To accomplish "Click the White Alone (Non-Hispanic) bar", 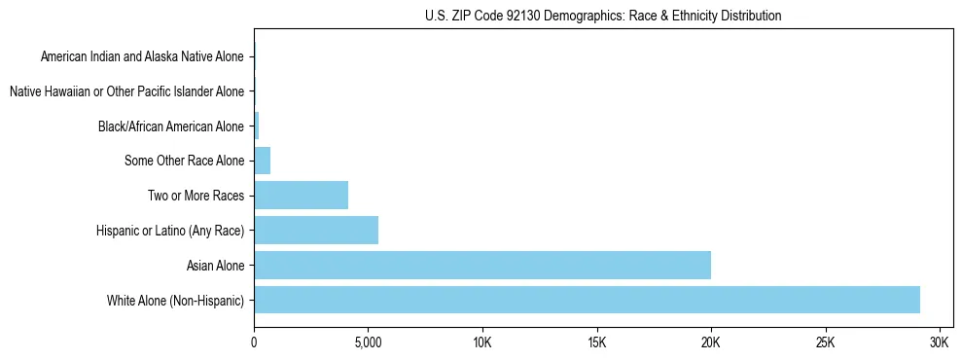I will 587,300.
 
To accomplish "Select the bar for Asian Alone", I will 482,265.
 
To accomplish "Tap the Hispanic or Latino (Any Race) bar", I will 316,231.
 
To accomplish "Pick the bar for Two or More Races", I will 301,196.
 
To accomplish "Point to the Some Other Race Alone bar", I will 262,161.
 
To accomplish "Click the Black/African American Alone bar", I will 257,126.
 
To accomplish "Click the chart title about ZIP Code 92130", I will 603,17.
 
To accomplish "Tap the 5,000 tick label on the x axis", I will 368,343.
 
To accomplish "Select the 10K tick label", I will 482,343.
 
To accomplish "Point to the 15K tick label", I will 597,343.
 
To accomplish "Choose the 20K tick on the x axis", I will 711,343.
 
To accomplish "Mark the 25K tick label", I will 826,343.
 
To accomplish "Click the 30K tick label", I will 940,343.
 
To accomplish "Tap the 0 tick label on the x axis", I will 254,343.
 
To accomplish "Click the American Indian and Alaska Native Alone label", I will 142,57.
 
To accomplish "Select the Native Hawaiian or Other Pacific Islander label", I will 126,91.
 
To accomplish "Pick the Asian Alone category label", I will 215,266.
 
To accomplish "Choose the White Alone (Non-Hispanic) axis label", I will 176,300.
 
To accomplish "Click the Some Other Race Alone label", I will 185,161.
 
